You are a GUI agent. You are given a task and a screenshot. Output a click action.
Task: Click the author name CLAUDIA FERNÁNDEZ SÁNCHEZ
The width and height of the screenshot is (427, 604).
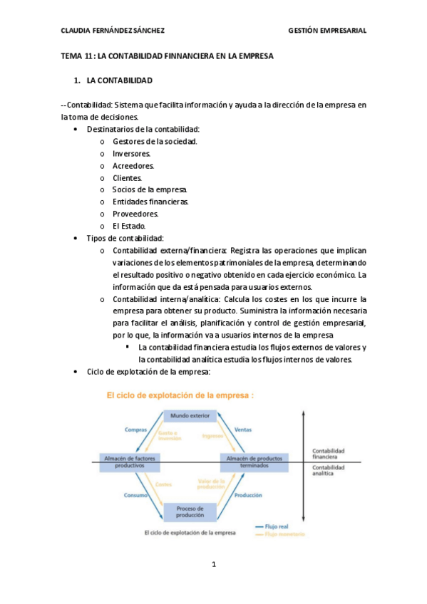pyautogui.click(x=113, y=31)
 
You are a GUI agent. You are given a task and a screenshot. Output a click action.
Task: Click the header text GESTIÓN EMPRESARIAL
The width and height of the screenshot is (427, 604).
pyautogui.click(x=327, y=31)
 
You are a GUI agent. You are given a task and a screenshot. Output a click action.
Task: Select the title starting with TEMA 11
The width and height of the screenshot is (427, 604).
pyautogui.click(x=168, y=56)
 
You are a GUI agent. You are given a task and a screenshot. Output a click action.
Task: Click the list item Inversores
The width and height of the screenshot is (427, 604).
pyautogui.click(x=131, y=153)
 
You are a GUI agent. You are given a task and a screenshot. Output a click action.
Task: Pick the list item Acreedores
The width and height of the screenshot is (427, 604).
pyautogui.click(x=133, y=165)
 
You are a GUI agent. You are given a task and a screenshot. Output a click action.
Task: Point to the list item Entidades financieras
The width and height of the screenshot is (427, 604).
pyautogui.click(x=150, y=202)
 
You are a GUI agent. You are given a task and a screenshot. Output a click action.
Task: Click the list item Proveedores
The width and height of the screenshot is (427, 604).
pyautogui.click(x=135, y=214)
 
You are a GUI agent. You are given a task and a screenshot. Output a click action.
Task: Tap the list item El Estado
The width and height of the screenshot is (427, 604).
pyautogui.click(x=129, y=226)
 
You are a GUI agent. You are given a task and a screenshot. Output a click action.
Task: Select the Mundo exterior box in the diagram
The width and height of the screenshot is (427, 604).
pyautogui.click(x=190, y=415)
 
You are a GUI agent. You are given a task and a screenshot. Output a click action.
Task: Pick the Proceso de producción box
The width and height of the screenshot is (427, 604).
pyautogui.click(x=190, y=512)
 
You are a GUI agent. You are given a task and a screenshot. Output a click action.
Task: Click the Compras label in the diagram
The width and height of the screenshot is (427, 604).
pyautogui.click(x=135, y=429)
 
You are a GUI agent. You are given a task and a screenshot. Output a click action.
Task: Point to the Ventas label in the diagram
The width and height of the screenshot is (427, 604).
pyautogui.click(x=242, y=429)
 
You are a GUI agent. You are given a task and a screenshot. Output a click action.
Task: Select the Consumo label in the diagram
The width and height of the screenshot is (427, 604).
pyautogui.click(x=136, y=494)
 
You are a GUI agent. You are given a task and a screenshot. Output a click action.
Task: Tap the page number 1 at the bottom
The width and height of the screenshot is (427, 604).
pyautogui.click(x=213, y=565)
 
